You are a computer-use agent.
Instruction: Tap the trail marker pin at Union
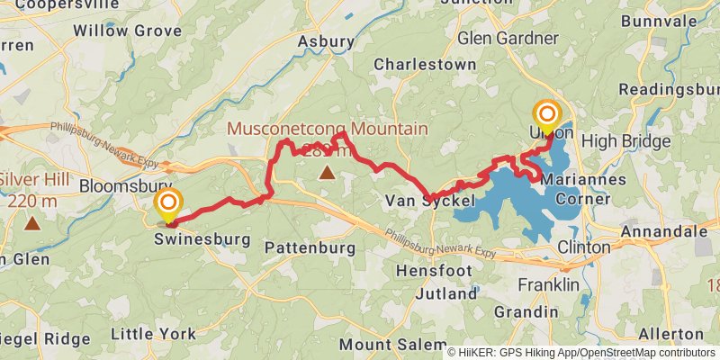(547, 117)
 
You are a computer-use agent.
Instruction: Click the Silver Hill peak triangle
(32, 220)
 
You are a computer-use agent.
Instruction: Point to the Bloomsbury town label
(126, 186)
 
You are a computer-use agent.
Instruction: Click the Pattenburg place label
(310, 247)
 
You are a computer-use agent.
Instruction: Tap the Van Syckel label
(429, 201)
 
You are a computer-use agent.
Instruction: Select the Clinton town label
(584, 247)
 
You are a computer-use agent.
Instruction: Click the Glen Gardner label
(508, 38)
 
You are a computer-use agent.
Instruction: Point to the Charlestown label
(425, 65)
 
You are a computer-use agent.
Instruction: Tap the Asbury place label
(326, 41)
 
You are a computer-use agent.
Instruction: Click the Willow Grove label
(121, 31)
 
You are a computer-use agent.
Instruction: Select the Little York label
(153, 334)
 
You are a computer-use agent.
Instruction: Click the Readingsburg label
(670, 90)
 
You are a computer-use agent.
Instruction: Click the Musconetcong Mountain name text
(327, 129)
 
